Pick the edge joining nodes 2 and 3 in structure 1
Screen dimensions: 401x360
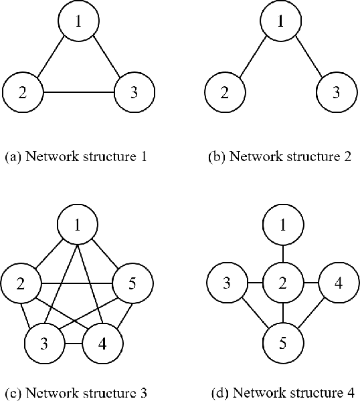pos(78,92)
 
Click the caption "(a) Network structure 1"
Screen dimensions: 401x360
pos(76,158)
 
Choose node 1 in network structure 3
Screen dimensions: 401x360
pos(79,225)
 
